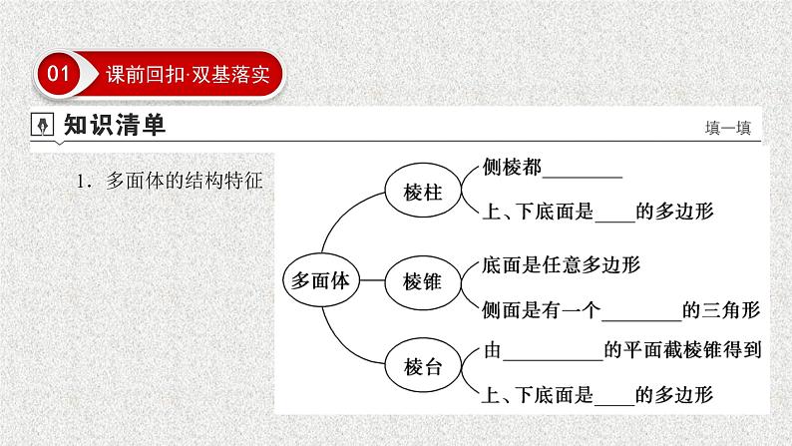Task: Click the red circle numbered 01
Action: [59, 74]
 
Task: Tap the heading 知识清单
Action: [113, 126]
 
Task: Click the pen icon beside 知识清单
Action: [43, 126]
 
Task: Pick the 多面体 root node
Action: [318, 280]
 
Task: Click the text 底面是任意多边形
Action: [559, 265]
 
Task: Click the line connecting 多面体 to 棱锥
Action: [370, 280]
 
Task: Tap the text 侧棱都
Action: [512, 168]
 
